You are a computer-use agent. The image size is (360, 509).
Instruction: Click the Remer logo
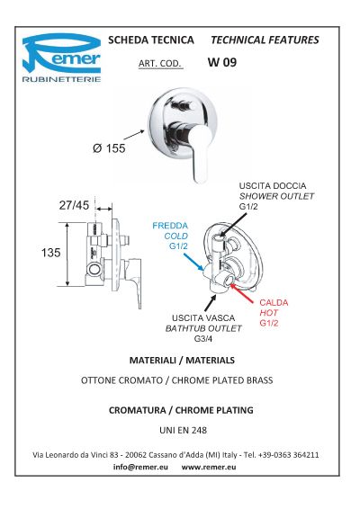[61, 58]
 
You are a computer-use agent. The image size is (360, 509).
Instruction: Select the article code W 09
[222, 62]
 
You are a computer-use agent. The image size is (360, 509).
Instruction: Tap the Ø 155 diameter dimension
[109, 148]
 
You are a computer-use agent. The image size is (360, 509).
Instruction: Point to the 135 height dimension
[50, 253]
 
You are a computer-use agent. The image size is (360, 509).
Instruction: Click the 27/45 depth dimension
[74, 205]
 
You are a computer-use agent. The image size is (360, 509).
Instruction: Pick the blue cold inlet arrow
[193, 262]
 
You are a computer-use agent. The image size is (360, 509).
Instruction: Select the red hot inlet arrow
[242, 293]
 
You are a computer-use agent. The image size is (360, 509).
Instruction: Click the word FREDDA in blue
[170, 226]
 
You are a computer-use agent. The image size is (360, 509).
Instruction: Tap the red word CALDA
[274, 302]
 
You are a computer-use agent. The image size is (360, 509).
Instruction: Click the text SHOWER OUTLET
[276, 196]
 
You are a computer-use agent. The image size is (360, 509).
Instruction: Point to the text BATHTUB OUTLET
[203, 328]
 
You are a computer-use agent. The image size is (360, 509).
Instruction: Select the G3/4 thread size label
[203, 339]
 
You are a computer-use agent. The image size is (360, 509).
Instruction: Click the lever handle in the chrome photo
[200, 154]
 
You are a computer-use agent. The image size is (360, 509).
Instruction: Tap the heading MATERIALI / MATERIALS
[182, 360]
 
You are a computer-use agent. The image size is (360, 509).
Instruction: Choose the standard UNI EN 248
[183, 430]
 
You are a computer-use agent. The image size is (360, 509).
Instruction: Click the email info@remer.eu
[140, 467]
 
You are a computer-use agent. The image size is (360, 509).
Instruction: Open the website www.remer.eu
[209, 467]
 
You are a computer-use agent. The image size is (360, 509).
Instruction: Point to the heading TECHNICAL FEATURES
[265, 40]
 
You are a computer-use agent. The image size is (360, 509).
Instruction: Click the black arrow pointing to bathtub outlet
[211, 303]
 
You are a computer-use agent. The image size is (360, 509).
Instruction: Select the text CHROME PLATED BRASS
[222, 380]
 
